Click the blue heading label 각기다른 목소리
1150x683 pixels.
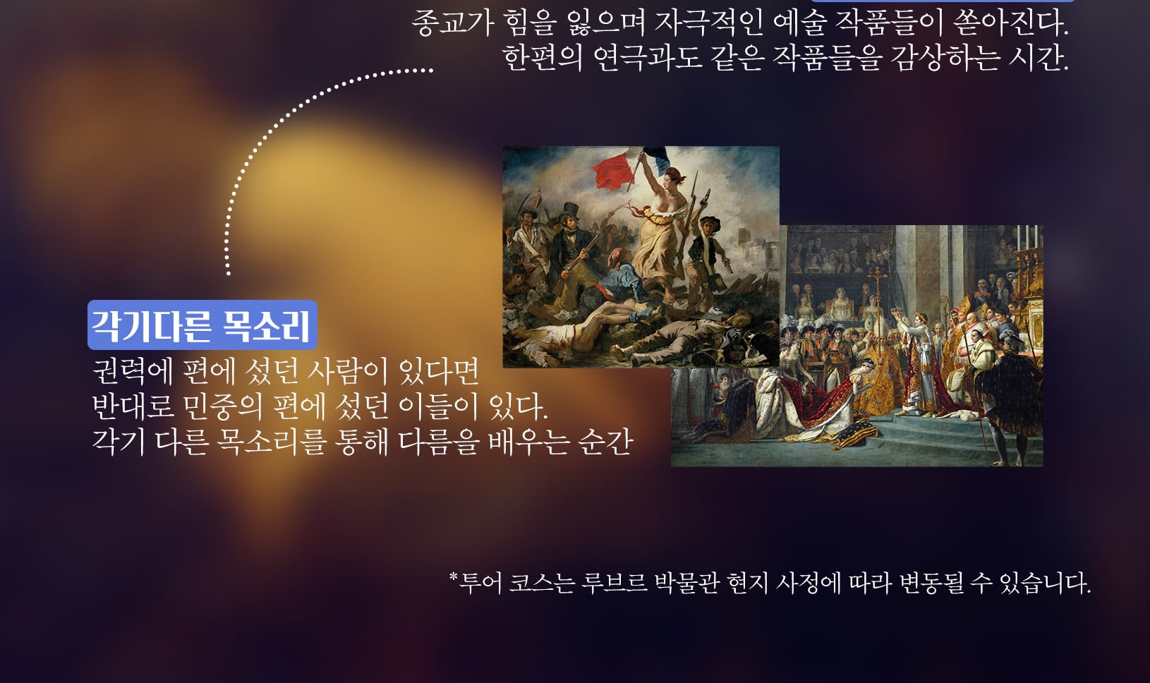pos(202,325)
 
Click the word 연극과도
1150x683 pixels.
pos(648,58)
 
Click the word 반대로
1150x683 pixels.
pos(133,406)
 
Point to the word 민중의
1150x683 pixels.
pos(222,406)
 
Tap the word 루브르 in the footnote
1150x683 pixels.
pos(615,583)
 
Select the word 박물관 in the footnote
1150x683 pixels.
pos(687,583)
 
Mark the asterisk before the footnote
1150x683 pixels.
pos(453,577)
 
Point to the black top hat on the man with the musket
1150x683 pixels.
pos(569,211)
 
